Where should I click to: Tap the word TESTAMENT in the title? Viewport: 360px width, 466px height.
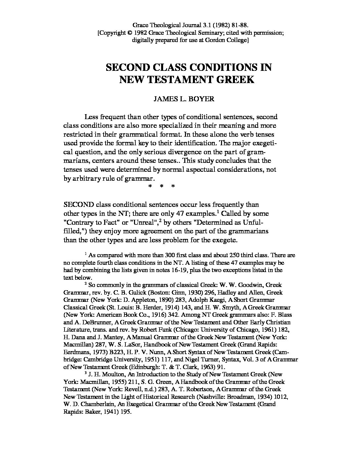tap(185, 80)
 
